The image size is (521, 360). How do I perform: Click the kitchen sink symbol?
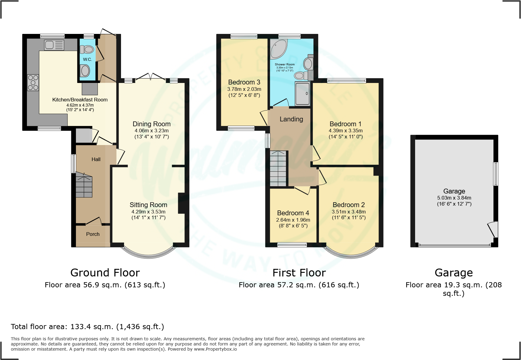pyautogui.click(x=54, y=45)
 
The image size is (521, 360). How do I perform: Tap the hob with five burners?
pyautogui.click(x=33, y=83)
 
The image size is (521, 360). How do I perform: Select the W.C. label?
pyautogui.click(x=87, y=59)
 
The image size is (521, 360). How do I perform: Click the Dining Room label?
pyautogui.click(x=152, y=124)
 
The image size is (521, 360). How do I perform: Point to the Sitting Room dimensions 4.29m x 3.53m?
pyautogui.click(x=148, y=212)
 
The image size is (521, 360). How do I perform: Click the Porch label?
pyautogui.click(x=93, y=234)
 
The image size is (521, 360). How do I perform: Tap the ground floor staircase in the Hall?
pyautogui.click(x=84, y=185)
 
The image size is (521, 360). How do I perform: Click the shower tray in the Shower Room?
pyautogui.click(x=302, y=94)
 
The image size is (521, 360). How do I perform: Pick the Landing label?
pyautogui.click(x=291, y=119)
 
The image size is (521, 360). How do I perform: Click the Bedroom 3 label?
pyautogui.click(x=244, y=82)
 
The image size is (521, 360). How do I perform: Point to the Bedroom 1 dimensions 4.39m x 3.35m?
pyautogui.click(x=346, y=131)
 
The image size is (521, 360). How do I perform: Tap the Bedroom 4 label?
pyautogui.click(x=293, y=213)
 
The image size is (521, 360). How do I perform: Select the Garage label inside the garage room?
pyautogui.click(x=454, y=191)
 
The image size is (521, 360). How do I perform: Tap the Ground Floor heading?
pyautogui.click(x=105, y=272)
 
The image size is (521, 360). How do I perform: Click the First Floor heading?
pyautogui.click(x=299, y=272)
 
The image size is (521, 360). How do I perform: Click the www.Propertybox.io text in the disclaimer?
pyautogui.click(x=215, y=349)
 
